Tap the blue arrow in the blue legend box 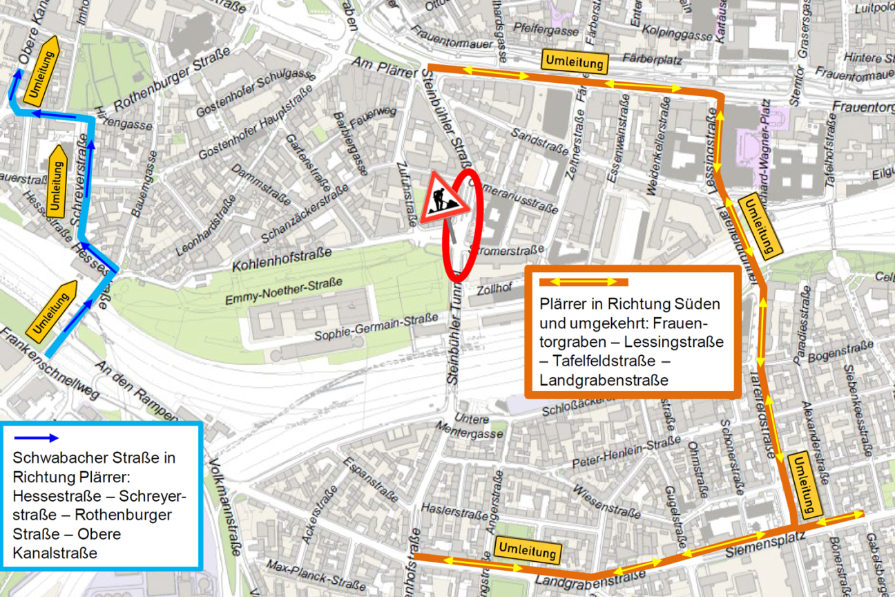tap(37, 437)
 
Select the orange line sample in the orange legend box tap(583, 282)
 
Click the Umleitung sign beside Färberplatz tap(575, 61)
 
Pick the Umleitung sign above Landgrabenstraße tap(528, 551)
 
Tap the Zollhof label tap(494, 290)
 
